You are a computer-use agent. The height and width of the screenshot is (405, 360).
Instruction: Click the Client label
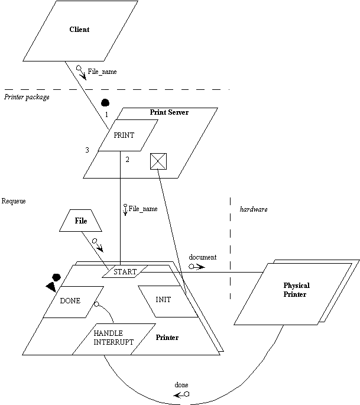[79, 30]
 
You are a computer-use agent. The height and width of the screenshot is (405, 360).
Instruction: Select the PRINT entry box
[124, 135]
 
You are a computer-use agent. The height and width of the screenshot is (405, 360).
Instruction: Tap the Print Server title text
[169, 112]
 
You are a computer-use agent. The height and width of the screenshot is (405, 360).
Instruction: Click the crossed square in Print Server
[158, 161]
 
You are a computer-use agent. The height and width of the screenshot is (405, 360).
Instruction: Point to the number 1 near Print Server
[106, 113]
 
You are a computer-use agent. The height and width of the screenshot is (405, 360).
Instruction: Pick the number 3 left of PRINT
[87, 150]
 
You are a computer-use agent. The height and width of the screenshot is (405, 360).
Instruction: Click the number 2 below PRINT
[127, 159]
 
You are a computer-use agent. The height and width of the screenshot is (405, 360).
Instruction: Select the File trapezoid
[81, 221]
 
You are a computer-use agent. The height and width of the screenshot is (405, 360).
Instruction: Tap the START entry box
[124, 272]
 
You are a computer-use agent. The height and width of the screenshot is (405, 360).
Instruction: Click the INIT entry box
[163, 300]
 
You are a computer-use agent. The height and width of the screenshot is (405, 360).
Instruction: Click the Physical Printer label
[296, 290]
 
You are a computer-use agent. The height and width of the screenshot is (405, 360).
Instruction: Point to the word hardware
[254, 209]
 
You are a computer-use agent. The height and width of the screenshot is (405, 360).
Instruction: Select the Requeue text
[14, 201]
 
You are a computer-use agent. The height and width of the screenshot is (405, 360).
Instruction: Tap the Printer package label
[27, 97]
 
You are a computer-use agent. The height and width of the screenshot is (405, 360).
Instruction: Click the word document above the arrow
[203, 258]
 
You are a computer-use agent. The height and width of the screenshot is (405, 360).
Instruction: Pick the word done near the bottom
[181, 385]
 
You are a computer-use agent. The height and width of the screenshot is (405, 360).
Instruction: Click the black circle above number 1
[105, 102]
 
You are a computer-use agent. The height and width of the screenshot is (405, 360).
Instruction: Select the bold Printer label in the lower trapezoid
[167, 338]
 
